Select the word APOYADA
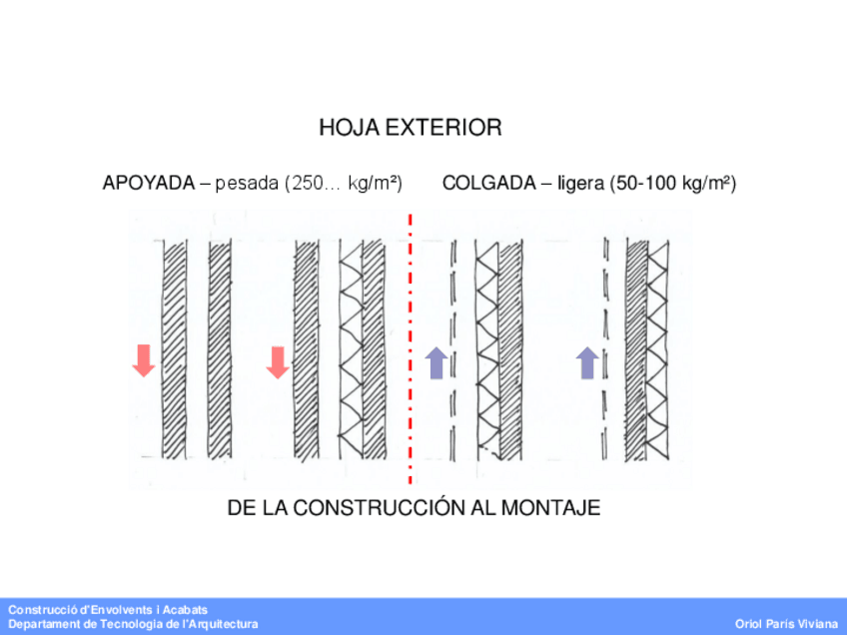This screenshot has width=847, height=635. pyautogui.click(x=148, y=184)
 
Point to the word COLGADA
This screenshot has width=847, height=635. pyautogui.click(x=488, y=184)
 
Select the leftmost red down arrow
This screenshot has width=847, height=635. pyautogui.click(x=144, y=360)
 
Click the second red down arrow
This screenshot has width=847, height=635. pyautogui.click(x=278, y=362)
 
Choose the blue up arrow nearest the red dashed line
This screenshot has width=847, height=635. pyautogui.click(x=435, y=362)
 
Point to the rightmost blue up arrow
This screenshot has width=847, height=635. pyautogui.click(x=587, y=362)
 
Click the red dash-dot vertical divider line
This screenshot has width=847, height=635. pyautogui.click(x=411, y=349)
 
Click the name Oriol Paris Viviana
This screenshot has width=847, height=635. pyautogui.click(x=786, y=624)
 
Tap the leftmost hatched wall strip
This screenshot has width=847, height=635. pyautogui.click(x=175, y=349)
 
